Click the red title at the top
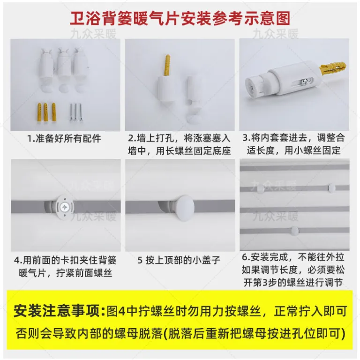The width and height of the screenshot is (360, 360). [180, 18]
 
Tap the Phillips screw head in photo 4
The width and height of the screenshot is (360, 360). [65, 207]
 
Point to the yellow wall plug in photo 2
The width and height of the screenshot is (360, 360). [168, 66]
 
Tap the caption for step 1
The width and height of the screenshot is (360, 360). [64, 138]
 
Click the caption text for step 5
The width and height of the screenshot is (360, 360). [179, 260]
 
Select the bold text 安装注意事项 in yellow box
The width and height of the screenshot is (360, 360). [57, 311]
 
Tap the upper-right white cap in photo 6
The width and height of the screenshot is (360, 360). [331, 187]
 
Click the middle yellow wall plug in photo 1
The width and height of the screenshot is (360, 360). [45, 112]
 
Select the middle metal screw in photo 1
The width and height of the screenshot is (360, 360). [76, 112]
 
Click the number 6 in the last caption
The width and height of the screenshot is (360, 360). [245, 258]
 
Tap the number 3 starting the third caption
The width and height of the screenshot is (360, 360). [245, 138]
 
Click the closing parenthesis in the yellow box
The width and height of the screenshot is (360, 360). [343, 334]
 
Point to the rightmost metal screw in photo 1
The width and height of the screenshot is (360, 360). [81, 112]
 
